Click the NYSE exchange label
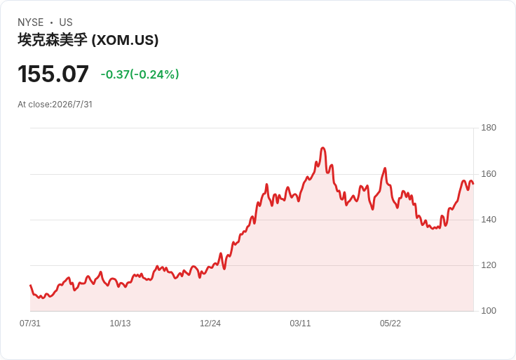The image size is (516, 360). point(31,22)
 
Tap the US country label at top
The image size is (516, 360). point(66,22)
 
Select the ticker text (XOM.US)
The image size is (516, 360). point(125,40)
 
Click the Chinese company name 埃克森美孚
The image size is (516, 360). point(53,40)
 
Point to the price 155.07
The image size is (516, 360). point(53,74)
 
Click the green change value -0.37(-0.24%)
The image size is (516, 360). point(140,74)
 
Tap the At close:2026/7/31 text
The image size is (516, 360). point(55,105)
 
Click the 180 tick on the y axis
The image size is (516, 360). point(489,128)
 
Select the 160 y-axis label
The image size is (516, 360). point(489,174)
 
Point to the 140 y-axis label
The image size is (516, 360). point(489,220)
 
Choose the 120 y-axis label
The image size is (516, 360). point(489,265)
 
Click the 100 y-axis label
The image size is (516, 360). point(489,311)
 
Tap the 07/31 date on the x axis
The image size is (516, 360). point(30,324)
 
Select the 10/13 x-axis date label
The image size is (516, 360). point(120,324)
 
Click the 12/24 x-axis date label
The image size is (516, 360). point(210,324)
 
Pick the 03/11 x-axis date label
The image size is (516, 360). point(300,324)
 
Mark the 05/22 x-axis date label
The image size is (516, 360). point(391,324)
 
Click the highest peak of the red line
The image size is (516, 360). point(322,147)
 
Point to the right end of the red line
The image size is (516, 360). point(473,184)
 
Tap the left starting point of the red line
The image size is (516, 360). point(30,285)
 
